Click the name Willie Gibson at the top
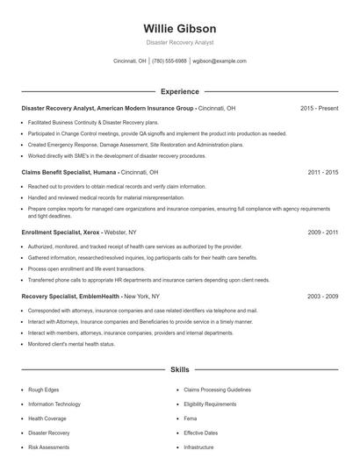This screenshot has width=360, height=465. pos(179,28)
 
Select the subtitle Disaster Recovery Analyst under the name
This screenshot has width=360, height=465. pos(179,42)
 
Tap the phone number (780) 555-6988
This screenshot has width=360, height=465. pos(169,61)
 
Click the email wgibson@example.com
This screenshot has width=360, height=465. pos(220,61)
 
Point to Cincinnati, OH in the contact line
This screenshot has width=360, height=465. pos(130,61)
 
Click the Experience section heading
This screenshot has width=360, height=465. pos(179,91)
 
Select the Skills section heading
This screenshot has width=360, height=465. pos(179,371)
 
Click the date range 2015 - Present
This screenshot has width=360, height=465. pos(319,108)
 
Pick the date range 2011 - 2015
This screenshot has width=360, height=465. pos(322,173)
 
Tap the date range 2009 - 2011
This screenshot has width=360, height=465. pos(322,232)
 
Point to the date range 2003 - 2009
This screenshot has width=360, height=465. pos(322,297)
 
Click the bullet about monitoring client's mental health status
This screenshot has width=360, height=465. pos(71,344)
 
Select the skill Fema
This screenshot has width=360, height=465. pos(191,418)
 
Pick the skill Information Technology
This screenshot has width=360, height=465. pos(54,404)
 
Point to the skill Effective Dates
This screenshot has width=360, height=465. pos(200,433)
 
